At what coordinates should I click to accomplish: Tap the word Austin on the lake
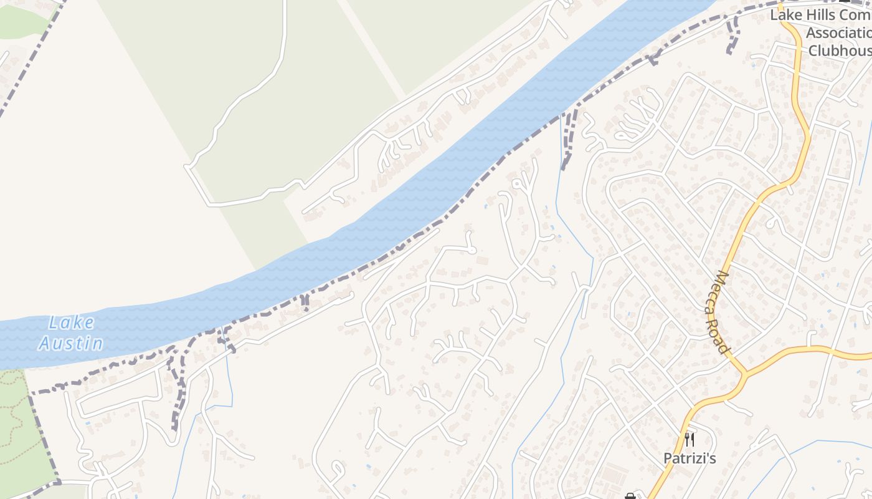[x=71, y=342]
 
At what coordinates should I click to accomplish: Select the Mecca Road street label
[x=721, y=312]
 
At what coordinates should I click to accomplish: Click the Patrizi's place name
[x=690, y=459]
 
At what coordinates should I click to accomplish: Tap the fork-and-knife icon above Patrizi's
[x=689, y=440]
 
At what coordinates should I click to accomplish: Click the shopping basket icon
[x=630, y=497]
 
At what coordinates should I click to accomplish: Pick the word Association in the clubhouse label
[x=838, y=32]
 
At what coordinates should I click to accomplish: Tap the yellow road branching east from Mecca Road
[x=810, y=350]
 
